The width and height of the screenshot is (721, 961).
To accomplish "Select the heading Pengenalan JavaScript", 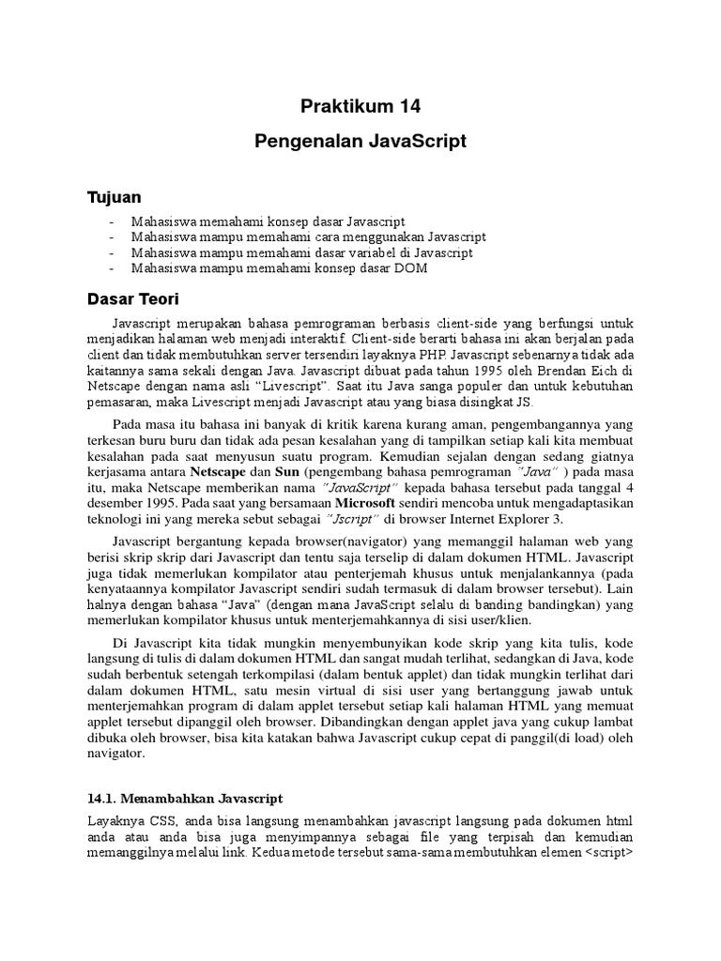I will point(360,142).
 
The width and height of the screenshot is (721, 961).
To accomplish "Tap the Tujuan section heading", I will point(114,197).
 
